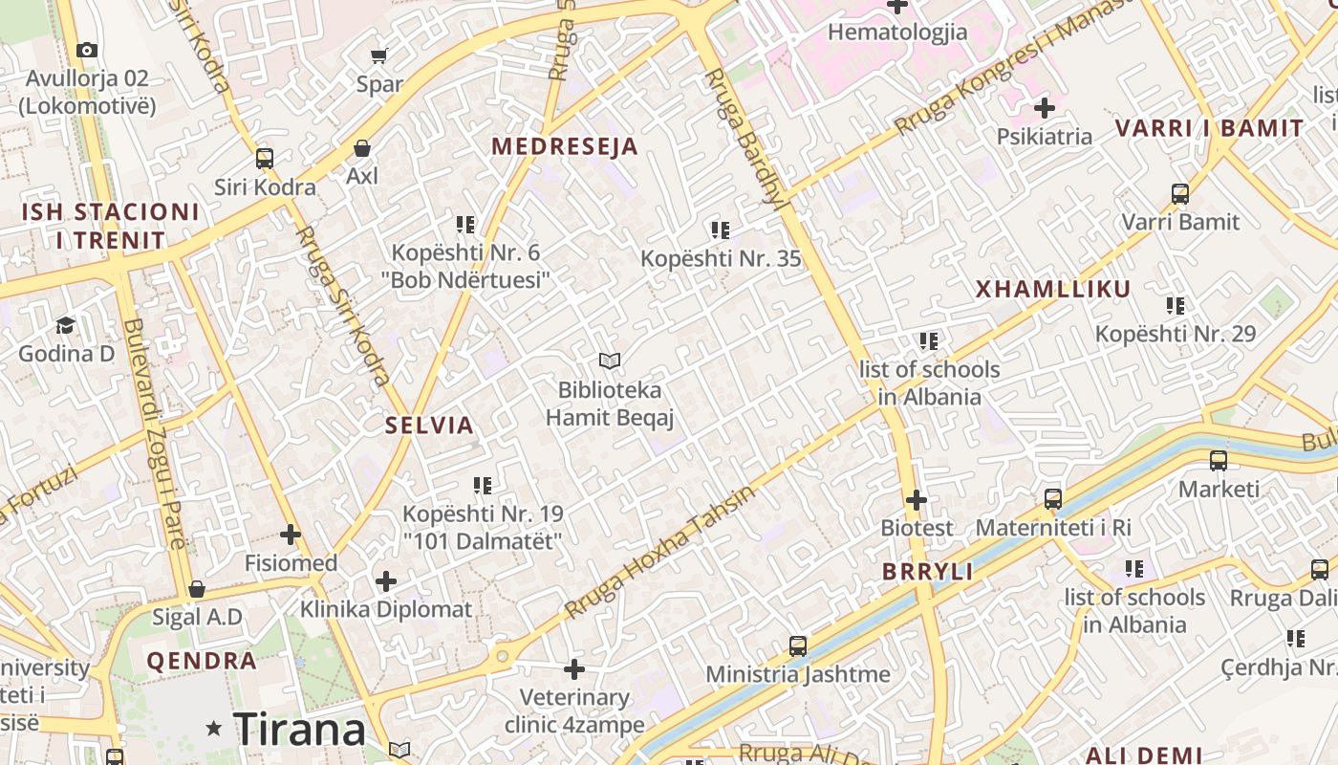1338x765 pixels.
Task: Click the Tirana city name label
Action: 299,730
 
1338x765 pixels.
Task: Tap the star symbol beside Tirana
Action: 214,729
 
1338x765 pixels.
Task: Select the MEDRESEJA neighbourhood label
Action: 564,146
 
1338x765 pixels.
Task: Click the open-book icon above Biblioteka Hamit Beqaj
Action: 610,361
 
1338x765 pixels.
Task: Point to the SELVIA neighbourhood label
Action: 429,426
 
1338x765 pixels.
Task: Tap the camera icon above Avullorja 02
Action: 87,50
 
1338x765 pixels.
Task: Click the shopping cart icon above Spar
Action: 379,55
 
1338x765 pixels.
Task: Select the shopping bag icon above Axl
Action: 362,148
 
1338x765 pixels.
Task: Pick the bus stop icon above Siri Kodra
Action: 265,159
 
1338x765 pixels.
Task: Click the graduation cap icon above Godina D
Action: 65,326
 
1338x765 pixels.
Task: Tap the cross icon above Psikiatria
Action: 1044,108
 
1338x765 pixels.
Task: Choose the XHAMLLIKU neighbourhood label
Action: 1052,289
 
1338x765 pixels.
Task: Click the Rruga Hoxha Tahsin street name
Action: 658,552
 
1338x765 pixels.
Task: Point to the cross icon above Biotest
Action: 917,500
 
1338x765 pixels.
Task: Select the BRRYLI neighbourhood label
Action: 927,572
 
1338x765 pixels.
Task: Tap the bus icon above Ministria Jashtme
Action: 798,646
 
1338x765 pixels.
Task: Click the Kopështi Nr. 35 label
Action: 721,258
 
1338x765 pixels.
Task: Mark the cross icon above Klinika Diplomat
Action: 386,581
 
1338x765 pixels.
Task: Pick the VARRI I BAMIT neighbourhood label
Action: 1209,128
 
